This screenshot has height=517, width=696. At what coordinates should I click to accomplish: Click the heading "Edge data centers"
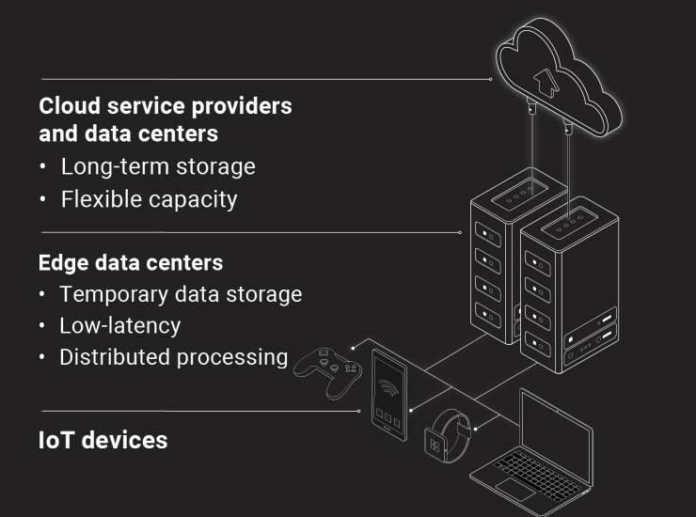pos(130,261)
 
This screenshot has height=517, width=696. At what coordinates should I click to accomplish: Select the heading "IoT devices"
pos(103,439)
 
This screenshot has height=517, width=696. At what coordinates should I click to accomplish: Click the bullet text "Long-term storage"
pos(158,167)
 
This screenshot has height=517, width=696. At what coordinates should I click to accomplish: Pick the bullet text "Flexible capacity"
pos(149,199)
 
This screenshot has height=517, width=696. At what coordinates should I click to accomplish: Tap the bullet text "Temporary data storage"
pos(181,294)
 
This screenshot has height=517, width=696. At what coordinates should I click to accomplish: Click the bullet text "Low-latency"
pos(119,326)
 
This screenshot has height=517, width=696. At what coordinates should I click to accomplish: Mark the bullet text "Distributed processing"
pos(173,357)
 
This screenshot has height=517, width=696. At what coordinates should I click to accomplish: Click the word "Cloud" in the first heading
pos(71,105)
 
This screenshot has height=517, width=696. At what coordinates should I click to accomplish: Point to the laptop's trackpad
pos(514,490)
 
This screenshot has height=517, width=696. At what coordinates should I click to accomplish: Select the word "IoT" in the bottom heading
pos(56,439)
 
